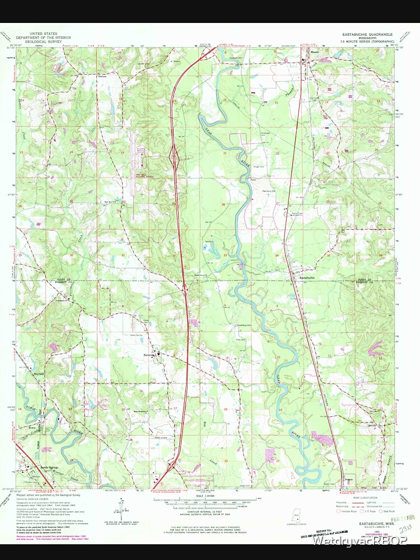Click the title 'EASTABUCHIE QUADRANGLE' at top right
tap(363, 34)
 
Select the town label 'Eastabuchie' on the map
tap(309, 278)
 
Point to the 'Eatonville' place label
tap(148, 353)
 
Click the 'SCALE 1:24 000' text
tap(208, 496)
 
